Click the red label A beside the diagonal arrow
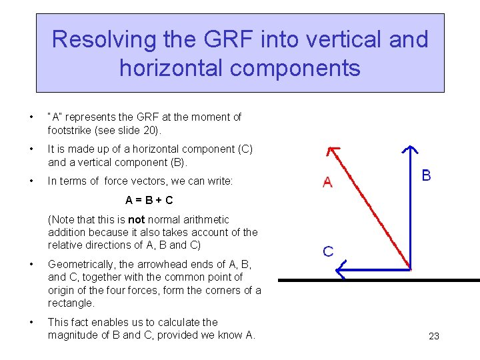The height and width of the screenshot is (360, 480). pyautogui.click(x=327, y=181)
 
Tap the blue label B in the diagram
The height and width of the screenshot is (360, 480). pyautogui.click(x=426, y=176)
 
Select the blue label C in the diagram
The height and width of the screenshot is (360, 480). pyautogui.click(x=328, y=251)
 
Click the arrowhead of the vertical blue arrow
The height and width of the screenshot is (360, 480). pyautogui.click(x=411, y=150)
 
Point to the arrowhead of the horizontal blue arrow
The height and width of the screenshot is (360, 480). pyautogui.click(x=341, y=269)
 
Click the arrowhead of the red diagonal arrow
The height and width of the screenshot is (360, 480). pyautogui.click(x=329, y=151)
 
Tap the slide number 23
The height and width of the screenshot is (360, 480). pyautogui.click(x=433, y=336)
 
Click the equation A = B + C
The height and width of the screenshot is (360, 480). pyautogui.click(x=149, y=200)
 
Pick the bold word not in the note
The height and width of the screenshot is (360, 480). pyautogui.click(x=136, y=219)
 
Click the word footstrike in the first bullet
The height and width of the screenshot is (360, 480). pyautogui.click(x=73, y=130)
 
